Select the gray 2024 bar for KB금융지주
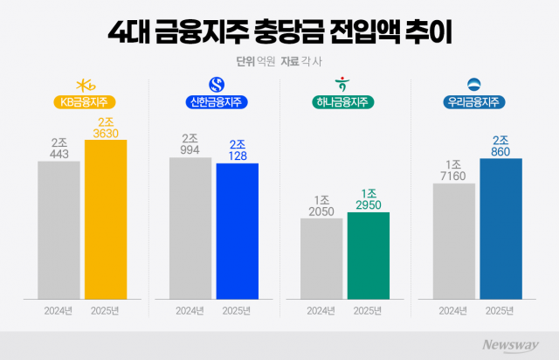[59, 228]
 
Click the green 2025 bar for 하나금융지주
[368, 253]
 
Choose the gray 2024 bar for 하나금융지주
[321, 257]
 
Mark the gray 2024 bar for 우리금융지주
[453, 239]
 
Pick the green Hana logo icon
[344, 84]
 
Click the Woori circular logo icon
[477, 84]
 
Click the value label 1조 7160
[453, 170]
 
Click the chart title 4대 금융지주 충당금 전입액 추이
[279, 32]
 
